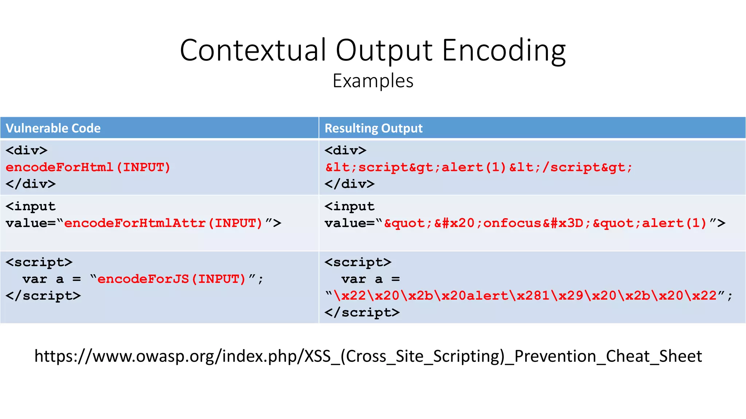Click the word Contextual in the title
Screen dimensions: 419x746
point(253,50)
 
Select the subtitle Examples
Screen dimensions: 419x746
point(373,81)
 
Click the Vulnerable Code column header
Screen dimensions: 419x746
point(53,128)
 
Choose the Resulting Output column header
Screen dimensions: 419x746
point(373,128)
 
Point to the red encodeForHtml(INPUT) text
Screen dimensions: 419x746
point(88,167)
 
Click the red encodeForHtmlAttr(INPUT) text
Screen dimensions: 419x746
point(163,223)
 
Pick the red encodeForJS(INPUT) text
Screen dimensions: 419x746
point(172,279)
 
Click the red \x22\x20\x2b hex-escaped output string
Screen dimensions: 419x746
point(525,296)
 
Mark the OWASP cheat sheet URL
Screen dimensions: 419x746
point(368,356)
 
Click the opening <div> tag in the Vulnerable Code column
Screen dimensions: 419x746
point(27,151)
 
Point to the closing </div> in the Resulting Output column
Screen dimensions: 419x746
point(349,184)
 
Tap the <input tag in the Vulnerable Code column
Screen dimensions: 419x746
point(31,207)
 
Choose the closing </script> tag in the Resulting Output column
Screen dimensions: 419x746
point(362,312)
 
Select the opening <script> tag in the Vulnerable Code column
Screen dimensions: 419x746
point(39,262)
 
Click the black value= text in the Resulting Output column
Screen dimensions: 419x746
point(349,223)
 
